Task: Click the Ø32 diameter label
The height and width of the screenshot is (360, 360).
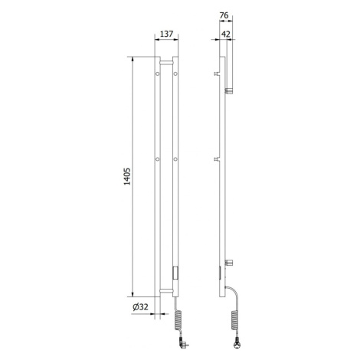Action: point(141,306)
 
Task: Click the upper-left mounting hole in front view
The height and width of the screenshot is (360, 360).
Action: point(158,74)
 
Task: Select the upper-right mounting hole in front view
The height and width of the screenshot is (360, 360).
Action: point(175,74)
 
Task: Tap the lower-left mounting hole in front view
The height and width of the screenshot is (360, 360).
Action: point(158,159)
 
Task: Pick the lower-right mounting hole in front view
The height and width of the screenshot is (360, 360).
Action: point(175,159)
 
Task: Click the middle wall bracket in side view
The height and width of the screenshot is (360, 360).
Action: point(218,159)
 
